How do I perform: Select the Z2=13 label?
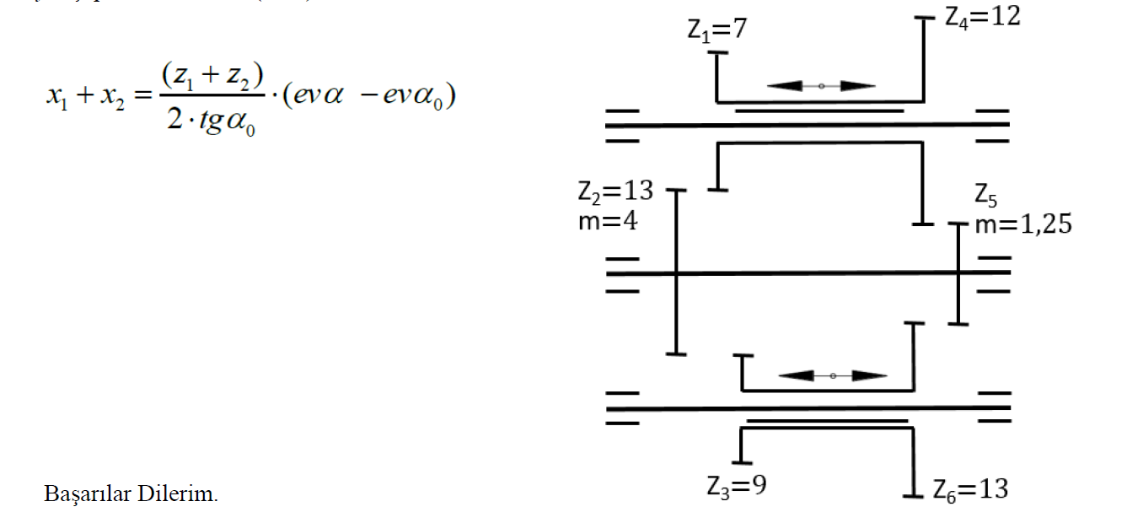point(615,191)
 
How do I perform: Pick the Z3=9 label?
point(736,486)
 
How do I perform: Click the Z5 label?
point(986,197)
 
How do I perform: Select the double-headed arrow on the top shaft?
point(821,85)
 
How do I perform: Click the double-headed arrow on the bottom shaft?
point(832,375)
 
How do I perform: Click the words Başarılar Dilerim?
point(131,494)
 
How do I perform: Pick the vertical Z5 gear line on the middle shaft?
point(958,273)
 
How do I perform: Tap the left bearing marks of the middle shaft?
point(622,273)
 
